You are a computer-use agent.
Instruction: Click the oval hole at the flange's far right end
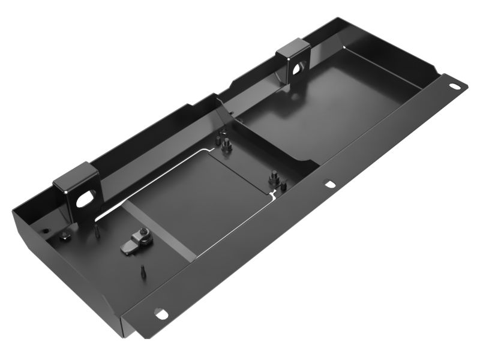click(455, 86)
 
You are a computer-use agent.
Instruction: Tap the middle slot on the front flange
click(329, 184)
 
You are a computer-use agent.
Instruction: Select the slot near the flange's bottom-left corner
click(160, 313)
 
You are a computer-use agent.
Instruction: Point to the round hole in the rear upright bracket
click(298, 67)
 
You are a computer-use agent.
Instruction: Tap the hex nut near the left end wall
click(65, 236)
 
